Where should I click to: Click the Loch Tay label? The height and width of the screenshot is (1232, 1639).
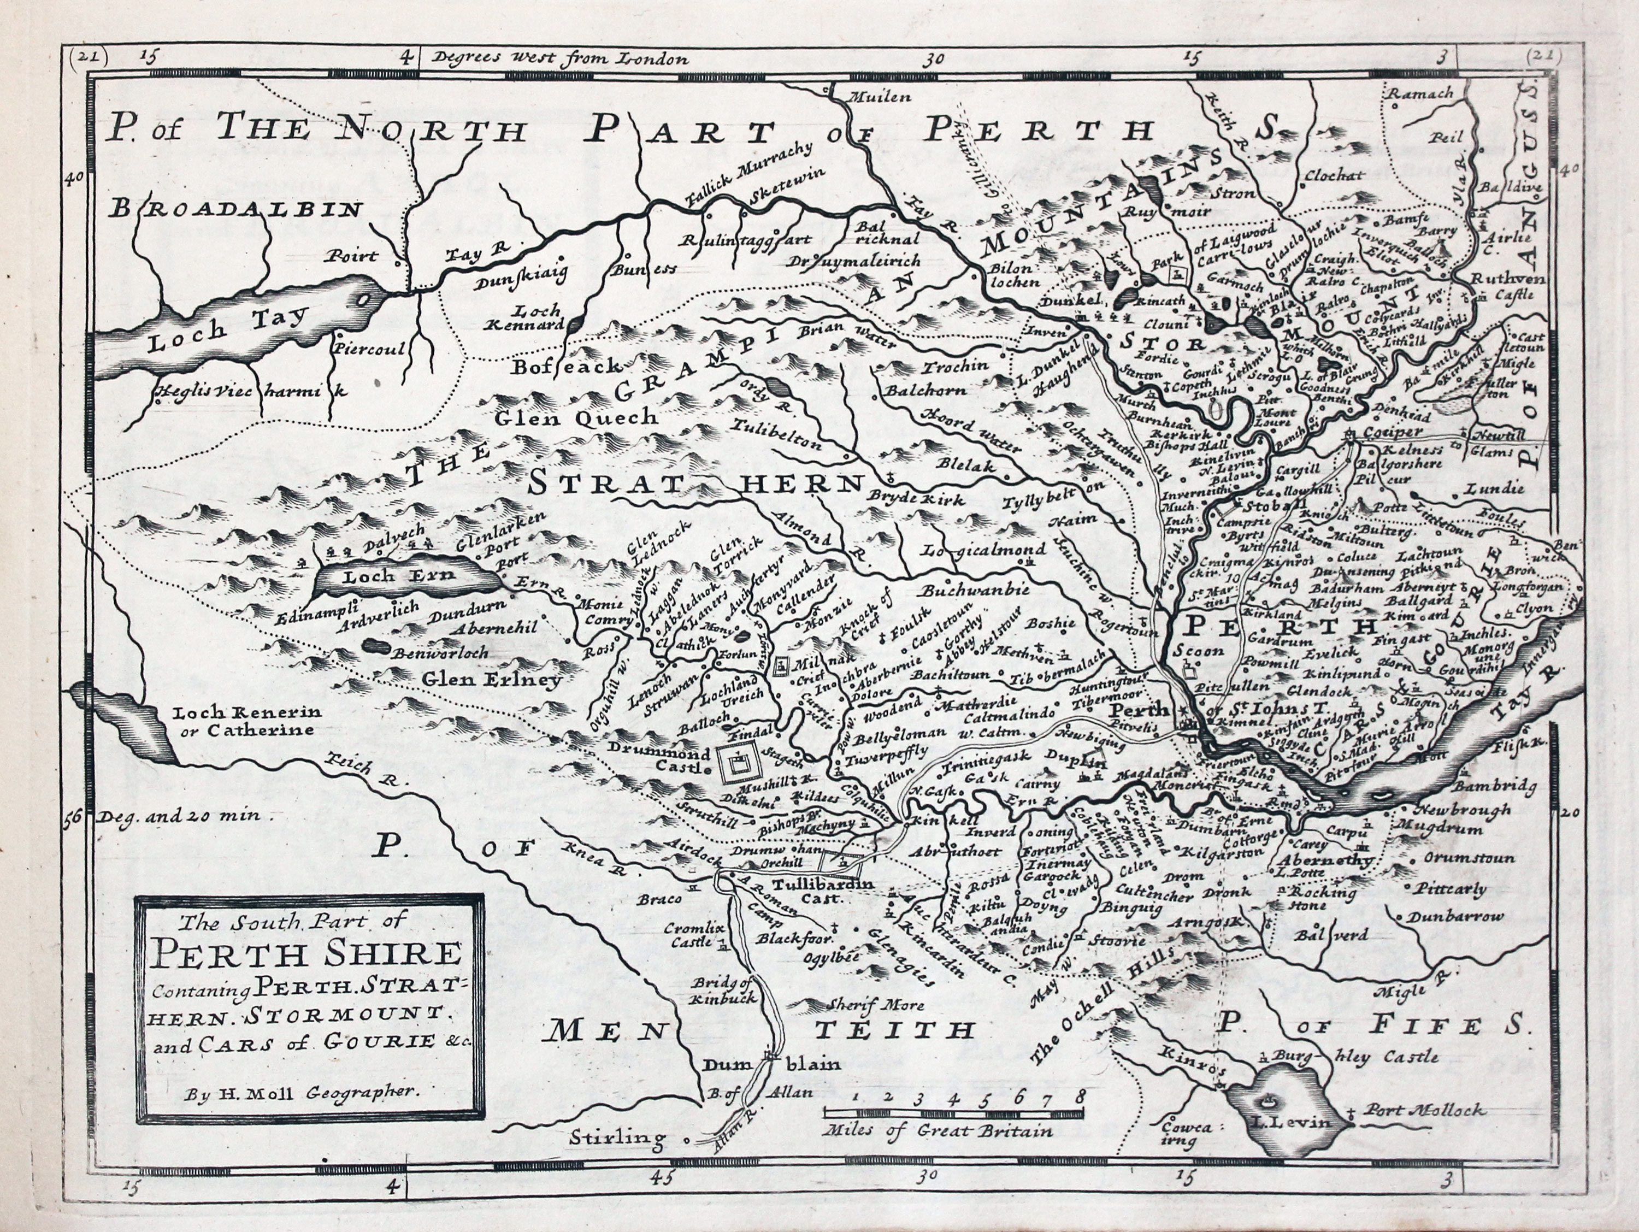click(226, 327)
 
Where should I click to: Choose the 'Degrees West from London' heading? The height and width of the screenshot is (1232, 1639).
click(562, 58)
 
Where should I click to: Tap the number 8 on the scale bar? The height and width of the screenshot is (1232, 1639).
click(1081, 1095)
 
